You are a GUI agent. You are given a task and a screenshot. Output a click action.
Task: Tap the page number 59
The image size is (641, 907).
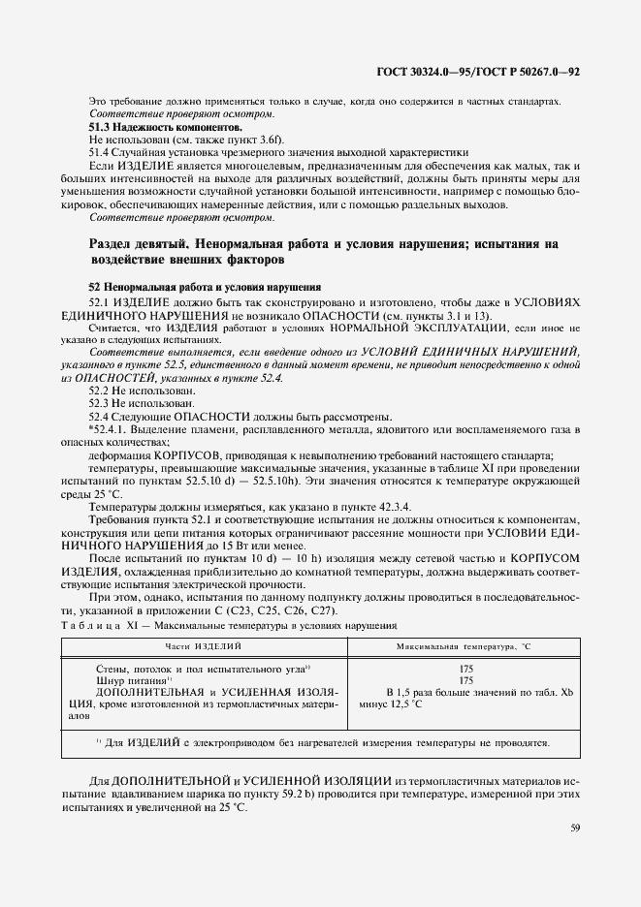[575, 827]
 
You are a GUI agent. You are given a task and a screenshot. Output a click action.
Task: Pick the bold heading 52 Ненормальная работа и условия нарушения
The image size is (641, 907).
[198, 288]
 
